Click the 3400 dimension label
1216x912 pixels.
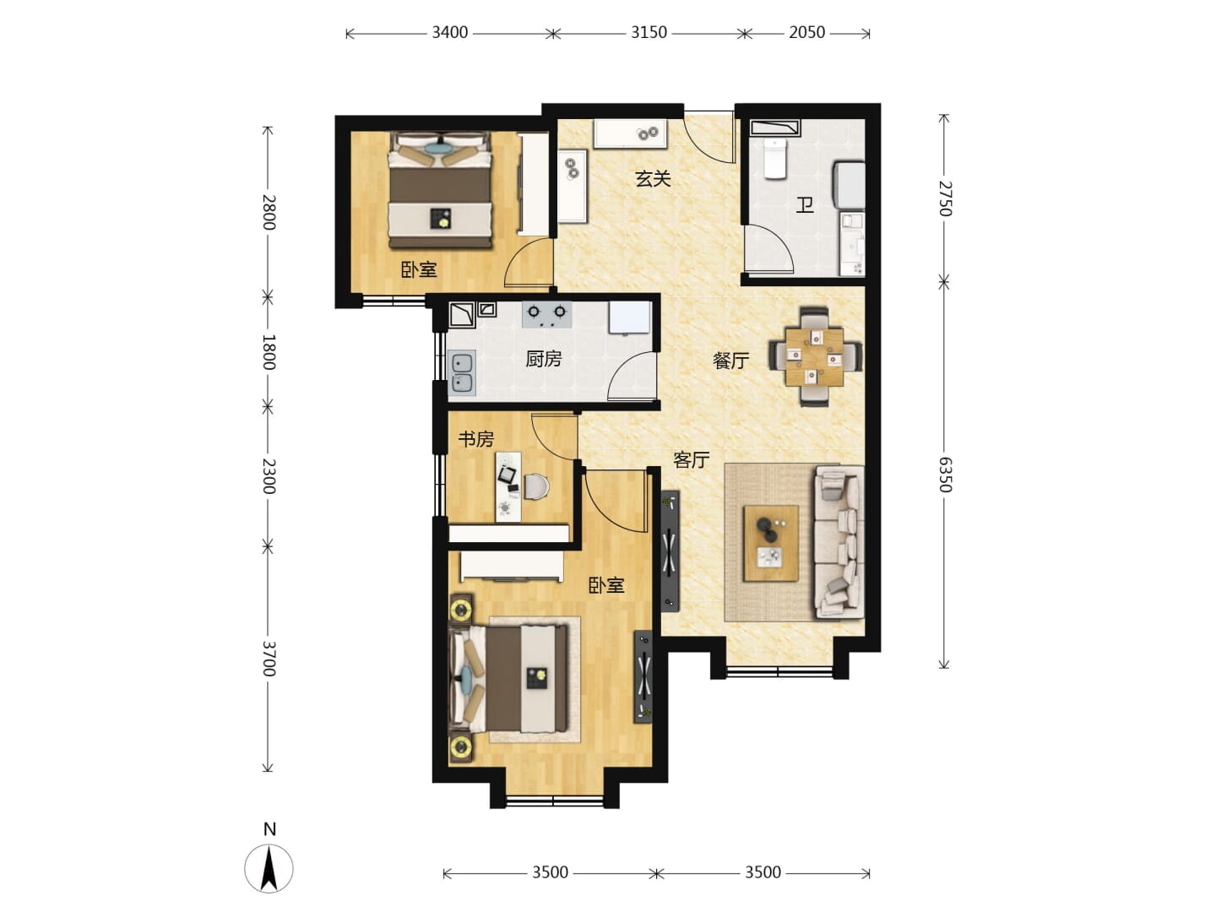tap(449, 33)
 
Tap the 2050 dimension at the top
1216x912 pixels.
tap(806, 33)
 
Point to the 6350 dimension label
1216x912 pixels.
tap(945, 475)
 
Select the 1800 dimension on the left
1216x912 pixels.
tap(269, 351)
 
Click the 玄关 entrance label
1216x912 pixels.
tap(653, 179)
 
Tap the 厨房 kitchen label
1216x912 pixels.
tap(544, 360)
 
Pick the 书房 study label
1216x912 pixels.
tap(476, 439)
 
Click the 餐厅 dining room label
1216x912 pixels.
tap(730, 361)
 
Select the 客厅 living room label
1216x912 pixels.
tap(692, 459)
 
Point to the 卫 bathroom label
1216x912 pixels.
tap(805, 205)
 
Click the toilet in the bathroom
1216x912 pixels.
tap(775, 159)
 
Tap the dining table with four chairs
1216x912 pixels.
tap(814, 357)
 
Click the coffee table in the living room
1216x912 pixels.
tap(771, 543)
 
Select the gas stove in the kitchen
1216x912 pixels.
tap(546, 314)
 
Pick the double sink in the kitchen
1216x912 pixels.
tap(461, 373)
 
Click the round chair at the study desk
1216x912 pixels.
tap(536, 486)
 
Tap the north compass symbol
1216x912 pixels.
tap(269, 868)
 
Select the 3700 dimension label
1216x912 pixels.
tap(269, 659)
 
